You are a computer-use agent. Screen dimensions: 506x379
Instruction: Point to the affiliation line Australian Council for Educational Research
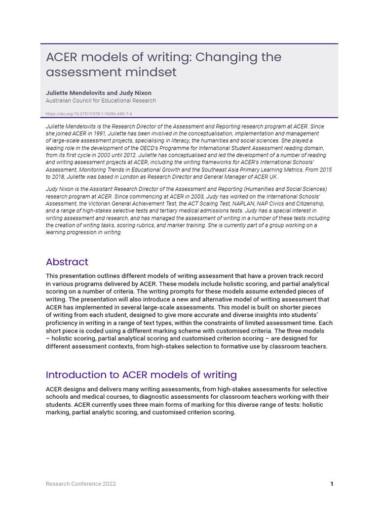point(101,100)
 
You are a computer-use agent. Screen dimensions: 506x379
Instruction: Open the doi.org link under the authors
point(88,113)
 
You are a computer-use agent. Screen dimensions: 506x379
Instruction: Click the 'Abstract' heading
point(67,262)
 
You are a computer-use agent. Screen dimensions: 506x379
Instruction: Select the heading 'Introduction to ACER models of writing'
point(141,375)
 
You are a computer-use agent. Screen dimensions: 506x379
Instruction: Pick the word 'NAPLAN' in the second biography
point(236,203)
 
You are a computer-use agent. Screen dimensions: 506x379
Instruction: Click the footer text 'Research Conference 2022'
point(81,484)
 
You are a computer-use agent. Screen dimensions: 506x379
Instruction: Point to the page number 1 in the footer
point(332,484)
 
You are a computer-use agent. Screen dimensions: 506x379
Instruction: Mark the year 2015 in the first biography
point(325,169)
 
